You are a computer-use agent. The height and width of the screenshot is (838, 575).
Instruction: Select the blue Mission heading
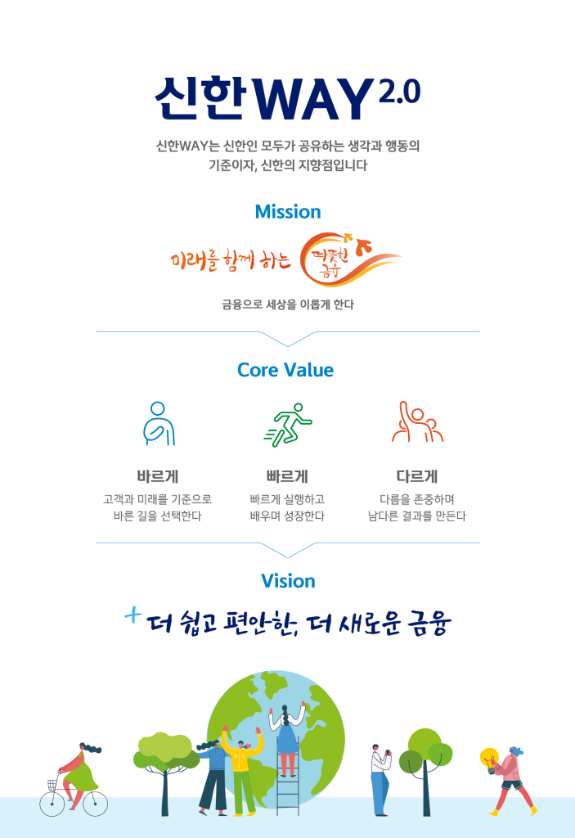[287, 212]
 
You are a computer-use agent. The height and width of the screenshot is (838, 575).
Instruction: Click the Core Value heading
[285, 370]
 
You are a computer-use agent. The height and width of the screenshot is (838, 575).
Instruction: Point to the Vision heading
[288, 581]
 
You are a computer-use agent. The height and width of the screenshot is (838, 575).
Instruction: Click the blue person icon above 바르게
[158, 424]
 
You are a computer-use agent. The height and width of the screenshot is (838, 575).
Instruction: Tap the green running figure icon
[287, 424]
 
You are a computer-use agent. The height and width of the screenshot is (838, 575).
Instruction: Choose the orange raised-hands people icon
[416, 424]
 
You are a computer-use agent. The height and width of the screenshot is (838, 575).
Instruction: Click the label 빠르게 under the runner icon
[287, 476]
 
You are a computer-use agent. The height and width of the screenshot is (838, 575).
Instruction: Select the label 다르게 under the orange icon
[416, 476]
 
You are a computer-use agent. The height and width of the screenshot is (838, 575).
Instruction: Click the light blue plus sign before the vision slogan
[133, 615]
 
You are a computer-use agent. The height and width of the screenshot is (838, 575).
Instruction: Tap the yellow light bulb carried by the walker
[489, 758]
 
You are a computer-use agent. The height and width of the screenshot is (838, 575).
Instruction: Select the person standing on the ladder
[287, 737]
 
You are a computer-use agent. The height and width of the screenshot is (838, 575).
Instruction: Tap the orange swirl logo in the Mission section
[348, 259]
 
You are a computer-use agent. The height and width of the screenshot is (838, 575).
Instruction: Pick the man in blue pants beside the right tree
[380, 777]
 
